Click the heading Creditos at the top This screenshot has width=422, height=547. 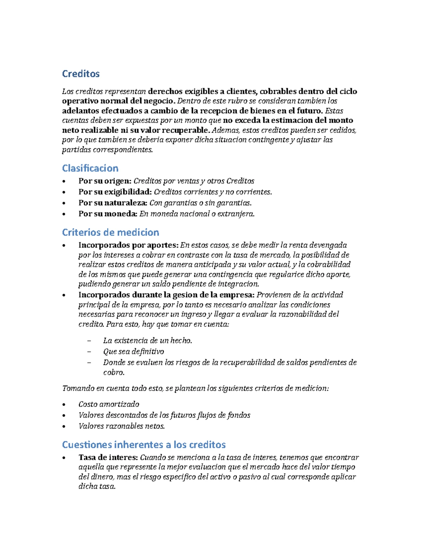(81, 74)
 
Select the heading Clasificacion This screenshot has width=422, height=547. (90, 168)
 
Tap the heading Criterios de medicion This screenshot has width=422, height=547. (110, 232)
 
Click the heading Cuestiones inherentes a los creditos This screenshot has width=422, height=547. (143, 445)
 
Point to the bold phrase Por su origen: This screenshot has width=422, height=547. (105, 181)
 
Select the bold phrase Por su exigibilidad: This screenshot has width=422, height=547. (115, 192)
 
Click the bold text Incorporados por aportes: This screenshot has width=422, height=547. (128, 245)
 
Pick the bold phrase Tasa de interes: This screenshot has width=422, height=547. (108, 458)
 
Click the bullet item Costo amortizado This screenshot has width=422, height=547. (109, 404)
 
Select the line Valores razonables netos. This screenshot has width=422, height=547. (121, 426)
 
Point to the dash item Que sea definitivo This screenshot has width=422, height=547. (133, 352)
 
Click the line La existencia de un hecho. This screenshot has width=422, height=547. (147, 341)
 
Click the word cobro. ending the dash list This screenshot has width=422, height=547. (114, 372)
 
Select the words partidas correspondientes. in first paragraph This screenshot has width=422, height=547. (107, 150)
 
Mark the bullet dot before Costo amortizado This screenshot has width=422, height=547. (64, 405)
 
